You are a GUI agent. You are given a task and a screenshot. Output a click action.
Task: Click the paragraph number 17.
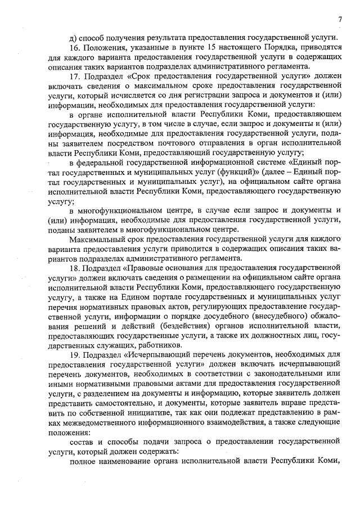(x=74, y=75)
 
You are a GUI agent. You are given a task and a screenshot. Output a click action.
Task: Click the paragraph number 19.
(x=74, y=355)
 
